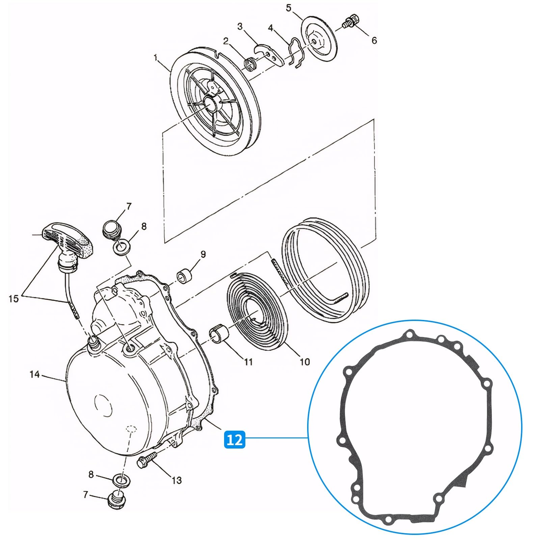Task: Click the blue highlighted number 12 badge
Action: tap(235, 439)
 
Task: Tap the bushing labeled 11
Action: tap(220, 333)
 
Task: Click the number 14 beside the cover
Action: tap(34, 374)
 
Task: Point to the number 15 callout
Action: tap(13, 299)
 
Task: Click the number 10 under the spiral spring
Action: tap(304, 362)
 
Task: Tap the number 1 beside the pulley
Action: tap(156, 58)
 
